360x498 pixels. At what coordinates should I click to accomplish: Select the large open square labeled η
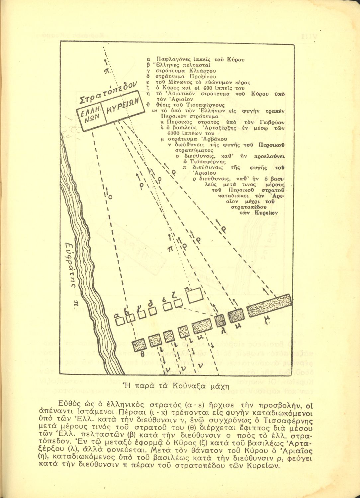coord(196,294)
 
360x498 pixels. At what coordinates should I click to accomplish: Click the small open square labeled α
coord(120,320)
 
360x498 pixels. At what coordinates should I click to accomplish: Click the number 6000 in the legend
coord(168,133)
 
